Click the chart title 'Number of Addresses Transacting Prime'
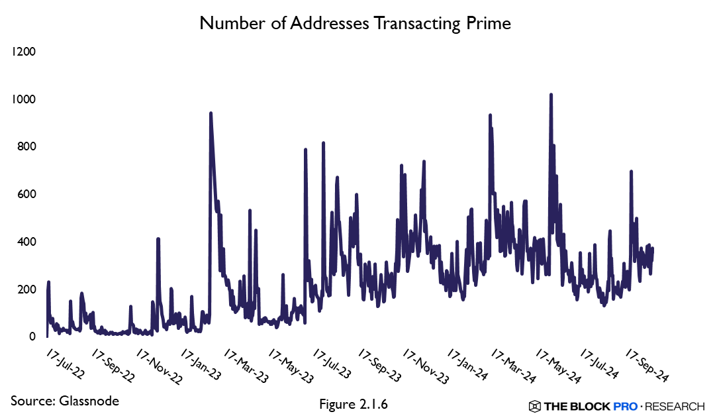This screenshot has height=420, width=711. click(355, 23)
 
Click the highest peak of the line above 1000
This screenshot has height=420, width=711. click(551, 95)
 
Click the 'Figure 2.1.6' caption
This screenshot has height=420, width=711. click(353, 403)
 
